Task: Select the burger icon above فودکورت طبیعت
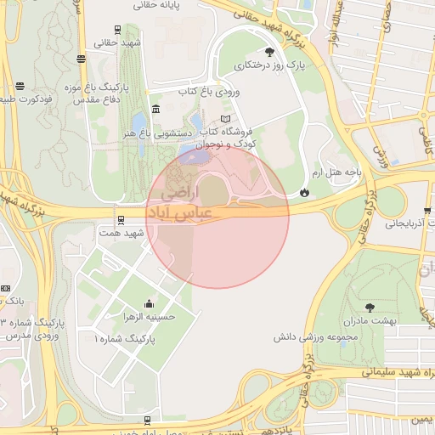20,85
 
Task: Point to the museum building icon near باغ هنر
155,110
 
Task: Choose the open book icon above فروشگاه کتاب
224,119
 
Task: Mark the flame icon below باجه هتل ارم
304,192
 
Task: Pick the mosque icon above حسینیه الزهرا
150,303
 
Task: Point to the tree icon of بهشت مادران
370,308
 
